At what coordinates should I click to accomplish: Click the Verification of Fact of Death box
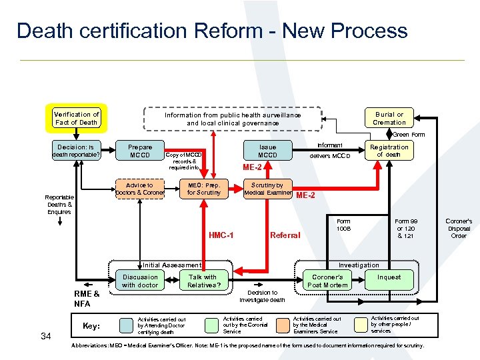[x=76, y=118]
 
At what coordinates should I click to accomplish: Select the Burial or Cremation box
[x=389, y=118]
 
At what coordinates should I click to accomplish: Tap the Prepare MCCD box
[x=140, y=151]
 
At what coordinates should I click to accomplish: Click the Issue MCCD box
[x=267, y=151]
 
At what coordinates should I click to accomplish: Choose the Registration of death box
[x=389, y=151]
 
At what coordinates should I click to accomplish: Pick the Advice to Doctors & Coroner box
[x=140, y=189]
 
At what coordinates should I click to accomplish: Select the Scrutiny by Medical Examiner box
[x=267, y=189]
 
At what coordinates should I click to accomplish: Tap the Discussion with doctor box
[x=140, y=281]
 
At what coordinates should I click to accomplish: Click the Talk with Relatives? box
[x=203, y=281]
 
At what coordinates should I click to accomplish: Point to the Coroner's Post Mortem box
[x=327, y=281]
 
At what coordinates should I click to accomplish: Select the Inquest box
[x=389, y=277]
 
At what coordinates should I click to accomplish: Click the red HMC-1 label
[x=220, y=235]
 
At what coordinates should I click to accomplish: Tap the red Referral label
[x=285, y=235]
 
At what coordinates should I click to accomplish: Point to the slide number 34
[x=46, y=336]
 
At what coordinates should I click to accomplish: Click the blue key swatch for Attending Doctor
[x=126, y=325]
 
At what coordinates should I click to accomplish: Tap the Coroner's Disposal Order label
[x=459, y=228]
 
